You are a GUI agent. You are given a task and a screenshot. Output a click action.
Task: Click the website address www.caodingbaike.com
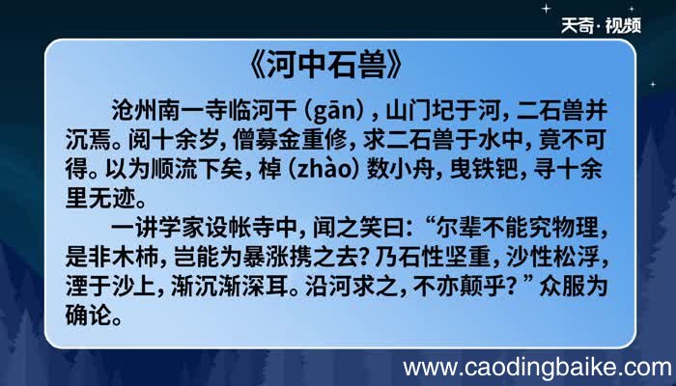(x=536, y=368)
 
